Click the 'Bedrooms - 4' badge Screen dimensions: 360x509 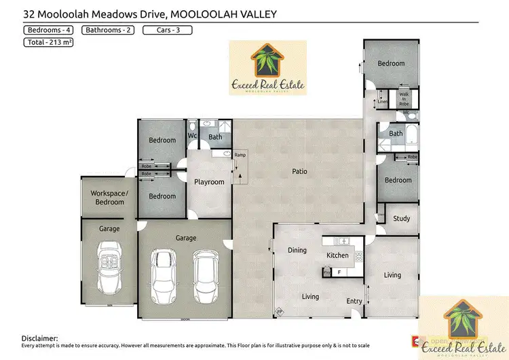pyautogui.click(x=49, y=30)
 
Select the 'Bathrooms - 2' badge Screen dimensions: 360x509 pyautogui.click(x=108, y=30)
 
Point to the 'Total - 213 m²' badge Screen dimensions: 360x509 pyautogui.click(x=49, y=42)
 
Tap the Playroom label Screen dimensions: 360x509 pyautogui.click(x=209, y=182)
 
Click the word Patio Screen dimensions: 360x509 pyautogui.click(x=299, y=171)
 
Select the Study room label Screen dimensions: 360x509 pyautogui.click(x=401, y=219)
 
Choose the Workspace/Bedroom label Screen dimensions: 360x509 pyautogui.click(x=109, y=198)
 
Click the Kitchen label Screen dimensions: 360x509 pyautogui.click(x=337, y=255)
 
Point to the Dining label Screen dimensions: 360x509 pyautogui.click(x=297, y=251)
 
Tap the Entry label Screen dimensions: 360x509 pyautogui.click(x=354, y=301)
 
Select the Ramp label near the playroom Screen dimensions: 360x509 pyautogui.click(x=240, y=156)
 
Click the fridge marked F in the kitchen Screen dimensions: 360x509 pyautogui.click(x=339, y=272)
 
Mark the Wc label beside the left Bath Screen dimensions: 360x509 pyautogui.click(x=192, y=137)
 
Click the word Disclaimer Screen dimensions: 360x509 pyautogui.click(x=39, y=338)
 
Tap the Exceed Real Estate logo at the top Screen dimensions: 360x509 pyautogui.click(x=267, y=68)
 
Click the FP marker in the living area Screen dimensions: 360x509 pyautogui.click(x=278, y=312)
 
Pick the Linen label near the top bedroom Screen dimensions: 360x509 pyautogui.click(x=383, y=101)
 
